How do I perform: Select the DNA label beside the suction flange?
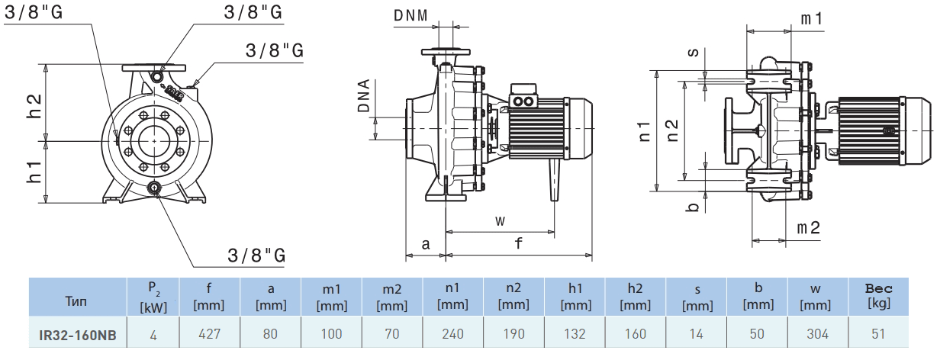[x=364, y=96]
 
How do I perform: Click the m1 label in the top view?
[x=811, y=18]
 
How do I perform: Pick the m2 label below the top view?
[x=809, y=228]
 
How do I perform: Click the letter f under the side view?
[x=519, y=244]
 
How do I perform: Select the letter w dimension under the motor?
[x=500, y=220]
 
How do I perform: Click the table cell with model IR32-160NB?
[x=78, y=334]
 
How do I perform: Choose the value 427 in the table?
[x=210, y=334]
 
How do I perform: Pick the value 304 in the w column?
[x=818, y=334]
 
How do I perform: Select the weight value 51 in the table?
[x=878, y=334]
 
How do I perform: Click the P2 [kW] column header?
[x=153, y=297]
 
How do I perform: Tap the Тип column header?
[x=77, y=301]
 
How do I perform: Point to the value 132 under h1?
[x=575, y=334]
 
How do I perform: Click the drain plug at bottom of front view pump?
[x=156, y=188]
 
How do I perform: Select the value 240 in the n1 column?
[x=452, y=334]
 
